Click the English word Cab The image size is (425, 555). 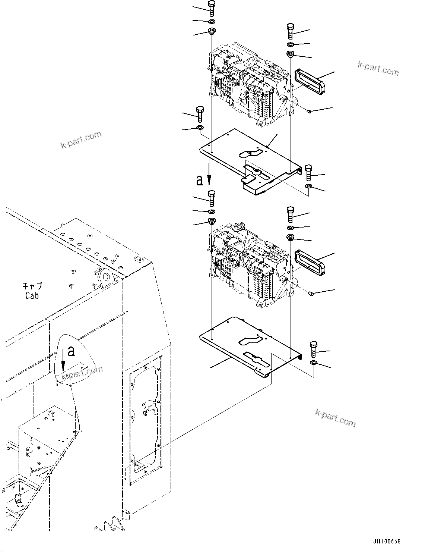click(32, 295)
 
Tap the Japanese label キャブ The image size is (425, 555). click(32, 286)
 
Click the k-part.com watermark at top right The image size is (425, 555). click(378, 68)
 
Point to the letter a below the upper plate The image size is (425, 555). click(200, 181)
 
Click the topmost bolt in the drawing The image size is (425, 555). click(212, 8)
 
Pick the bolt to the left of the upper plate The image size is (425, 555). click(200, 114)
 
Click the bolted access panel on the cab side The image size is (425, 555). click(145, 420)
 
